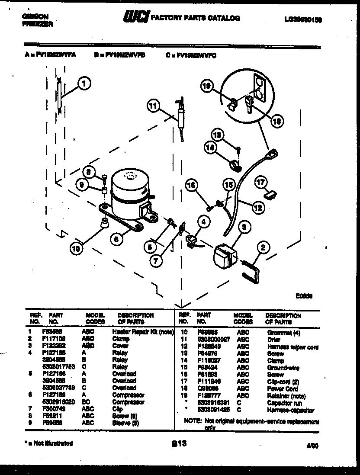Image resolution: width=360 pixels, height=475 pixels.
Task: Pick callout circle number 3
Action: point(244,226)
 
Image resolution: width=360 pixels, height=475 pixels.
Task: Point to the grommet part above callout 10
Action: point(104,223)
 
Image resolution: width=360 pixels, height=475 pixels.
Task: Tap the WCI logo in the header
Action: point(136,17)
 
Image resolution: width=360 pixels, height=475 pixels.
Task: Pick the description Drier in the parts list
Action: point(273,340)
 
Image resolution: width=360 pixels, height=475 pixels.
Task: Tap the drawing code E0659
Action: point(304,297)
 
